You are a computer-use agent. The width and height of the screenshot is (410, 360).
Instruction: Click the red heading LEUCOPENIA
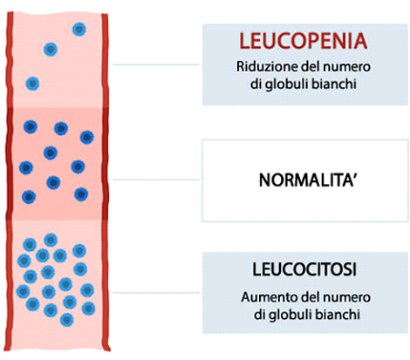coord(304,41)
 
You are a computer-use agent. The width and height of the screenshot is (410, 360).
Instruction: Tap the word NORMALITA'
coord(307,180)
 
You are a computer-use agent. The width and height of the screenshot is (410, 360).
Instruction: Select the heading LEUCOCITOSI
coord(304,269)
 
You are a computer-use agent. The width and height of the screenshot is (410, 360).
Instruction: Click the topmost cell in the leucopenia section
coord(79,30)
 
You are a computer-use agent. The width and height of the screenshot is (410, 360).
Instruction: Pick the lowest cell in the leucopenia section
coord(32,84)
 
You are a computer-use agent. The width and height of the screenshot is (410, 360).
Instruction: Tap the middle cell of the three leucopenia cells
coord(51,50)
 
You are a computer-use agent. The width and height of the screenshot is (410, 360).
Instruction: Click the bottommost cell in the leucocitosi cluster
coord(66,320)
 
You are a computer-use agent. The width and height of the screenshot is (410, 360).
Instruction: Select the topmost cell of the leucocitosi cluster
coord(51,240)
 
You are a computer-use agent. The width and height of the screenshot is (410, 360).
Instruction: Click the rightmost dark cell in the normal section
coord(87,138)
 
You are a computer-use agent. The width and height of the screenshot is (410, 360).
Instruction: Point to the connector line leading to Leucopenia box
coord(156,65)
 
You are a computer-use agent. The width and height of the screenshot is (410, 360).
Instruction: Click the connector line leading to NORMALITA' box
coord(156,180)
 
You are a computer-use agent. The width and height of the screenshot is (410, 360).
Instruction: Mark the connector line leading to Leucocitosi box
coord(156,293)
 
